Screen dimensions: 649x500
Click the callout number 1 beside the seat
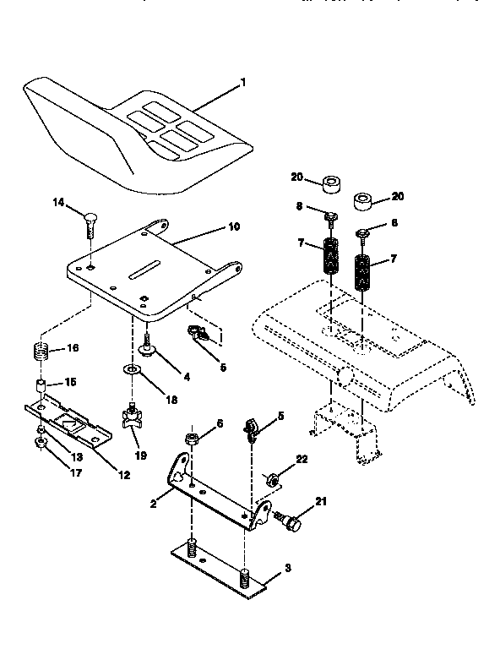[243, 83]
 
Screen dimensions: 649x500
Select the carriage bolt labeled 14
[89, 226]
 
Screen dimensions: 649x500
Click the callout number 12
[124, 475]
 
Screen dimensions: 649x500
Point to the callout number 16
[73, 347]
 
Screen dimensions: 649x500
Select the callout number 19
[141, 455]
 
